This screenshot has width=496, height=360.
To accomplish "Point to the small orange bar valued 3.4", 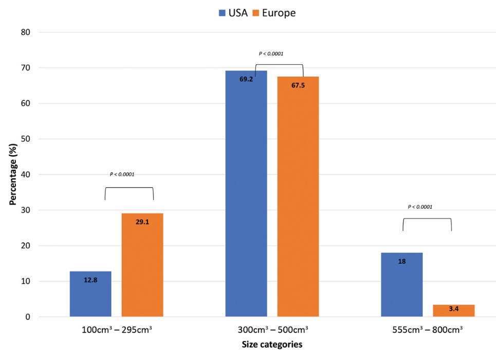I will click(454, 311).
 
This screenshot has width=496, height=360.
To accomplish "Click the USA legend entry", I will click(233, 13).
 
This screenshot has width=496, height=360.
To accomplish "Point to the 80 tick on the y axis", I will click(25, 32).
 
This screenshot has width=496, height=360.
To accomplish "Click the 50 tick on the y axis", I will click(25, 139).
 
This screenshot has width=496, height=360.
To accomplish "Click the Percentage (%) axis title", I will click(13, 175).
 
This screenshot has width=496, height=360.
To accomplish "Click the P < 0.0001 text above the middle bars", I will click(271, 53).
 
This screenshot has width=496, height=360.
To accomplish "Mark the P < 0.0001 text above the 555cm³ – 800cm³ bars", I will click(420, 207).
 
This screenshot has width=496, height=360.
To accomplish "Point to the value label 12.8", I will click(90, 281).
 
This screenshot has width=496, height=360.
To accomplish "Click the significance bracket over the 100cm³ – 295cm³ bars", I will click(129, 188).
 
